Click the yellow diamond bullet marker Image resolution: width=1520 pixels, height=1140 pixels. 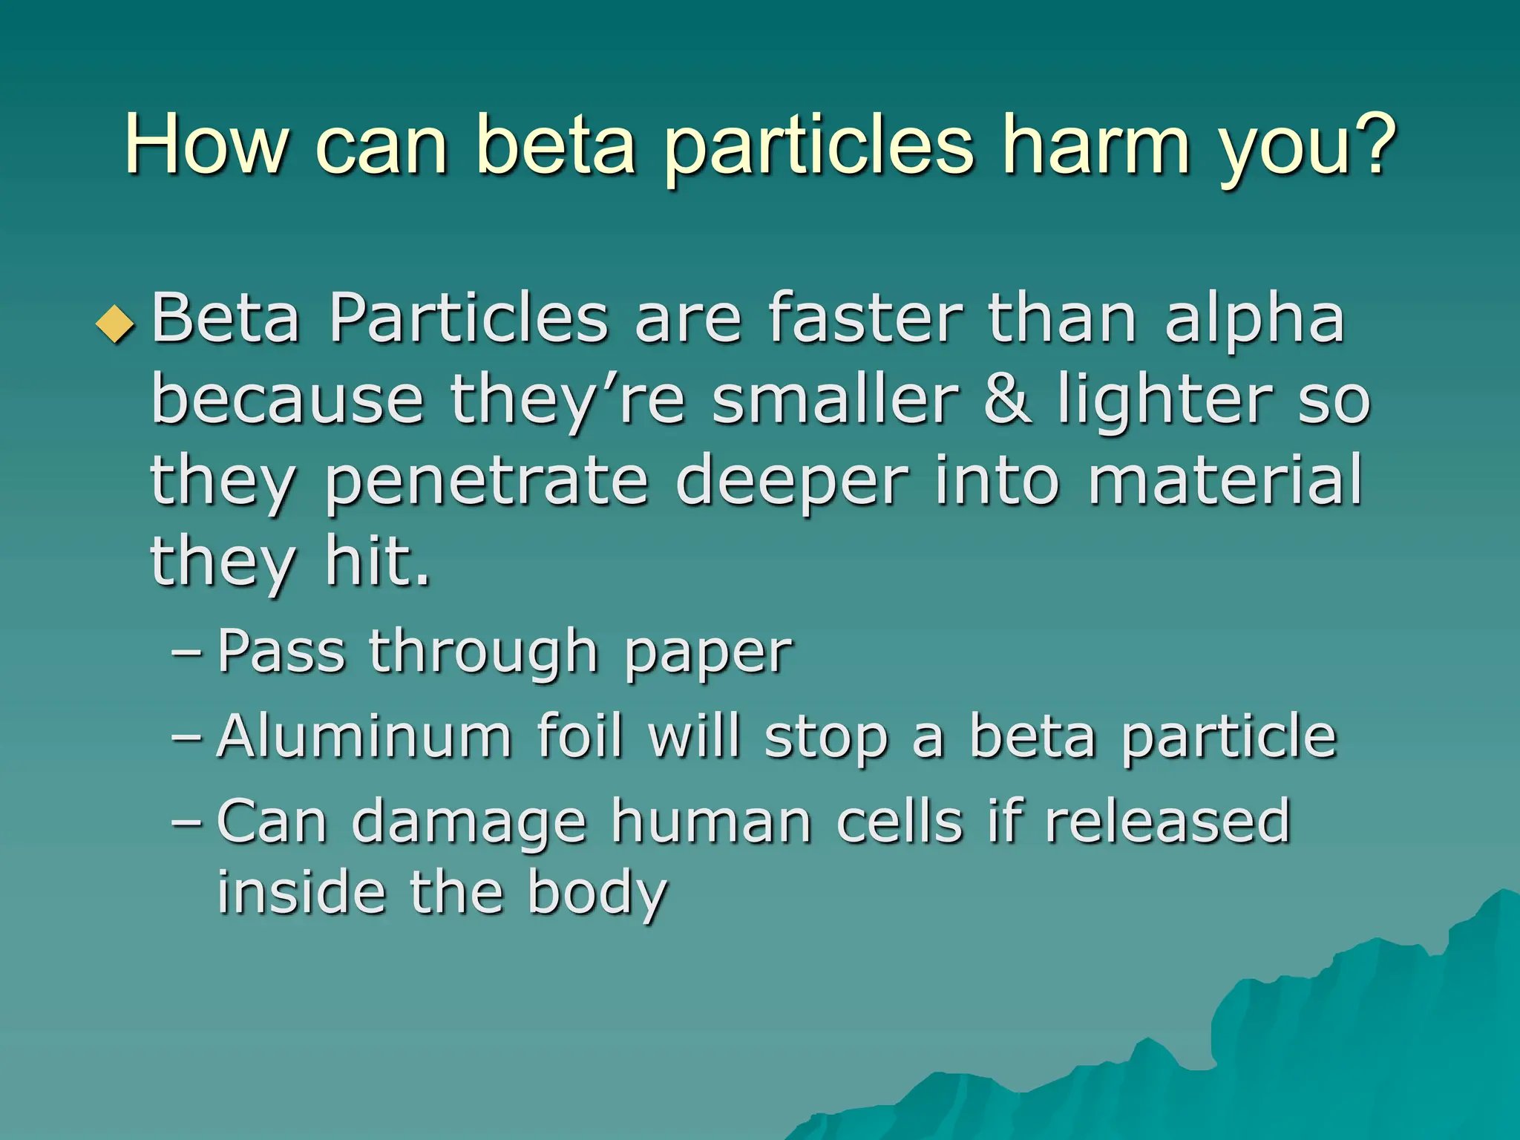[116, 324]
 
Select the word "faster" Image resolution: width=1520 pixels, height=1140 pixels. [865, 319]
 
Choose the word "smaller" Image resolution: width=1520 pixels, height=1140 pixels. [836, 401]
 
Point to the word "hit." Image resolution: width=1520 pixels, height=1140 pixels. [378, 562]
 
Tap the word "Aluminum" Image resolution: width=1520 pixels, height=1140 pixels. [364, 737]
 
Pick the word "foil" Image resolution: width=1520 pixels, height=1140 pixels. [579, 737]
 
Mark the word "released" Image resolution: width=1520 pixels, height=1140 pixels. [1167, 822]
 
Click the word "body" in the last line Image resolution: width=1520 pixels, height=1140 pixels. [597, 894]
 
